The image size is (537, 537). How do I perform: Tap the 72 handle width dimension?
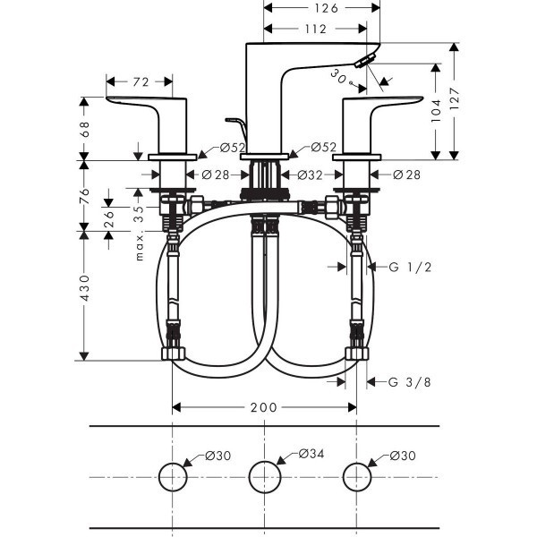141,82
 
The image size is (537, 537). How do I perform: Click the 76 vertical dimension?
86,194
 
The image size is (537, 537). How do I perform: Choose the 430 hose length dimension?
86,292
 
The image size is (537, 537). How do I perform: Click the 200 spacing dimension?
263,407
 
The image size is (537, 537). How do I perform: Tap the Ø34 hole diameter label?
311,456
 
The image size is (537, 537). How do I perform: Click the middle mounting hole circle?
264,476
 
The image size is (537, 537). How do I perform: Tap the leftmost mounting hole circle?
172,476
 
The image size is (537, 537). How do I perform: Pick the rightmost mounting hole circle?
357,476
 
